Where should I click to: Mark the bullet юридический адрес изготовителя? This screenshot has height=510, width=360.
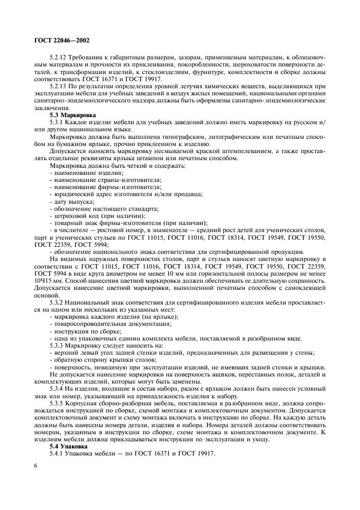(109, 194)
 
